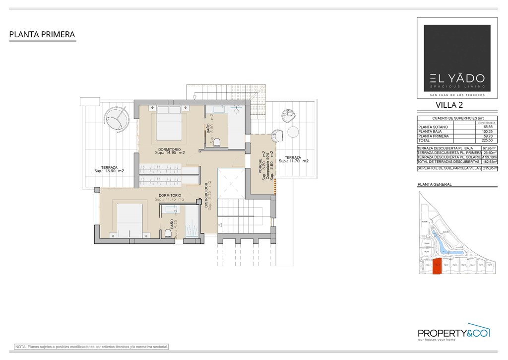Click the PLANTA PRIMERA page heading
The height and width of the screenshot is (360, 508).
[x=42, y=35]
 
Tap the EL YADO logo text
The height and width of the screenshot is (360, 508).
[x=454, y=78]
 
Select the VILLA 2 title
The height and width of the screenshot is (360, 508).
[x=449, y=104]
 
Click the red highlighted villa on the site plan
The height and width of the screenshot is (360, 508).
[x=437, y=267]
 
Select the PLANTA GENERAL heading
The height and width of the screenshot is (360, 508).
[x=435, y=184]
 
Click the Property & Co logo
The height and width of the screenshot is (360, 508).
[x=454, y=334]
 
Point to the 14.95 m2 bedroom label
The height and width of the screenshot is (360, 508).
[x=170, y=151]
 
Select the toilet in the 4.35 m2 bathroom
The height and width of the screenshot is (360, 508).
[x=168, y=233]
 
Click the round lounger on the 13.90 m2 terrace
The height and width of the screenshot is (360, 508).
[x=117, y=120]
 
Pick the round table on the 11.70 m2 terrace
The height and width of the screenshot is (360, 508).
[x=293, y=132]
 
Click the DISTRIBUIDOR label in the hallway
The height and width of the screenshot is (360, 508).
[x=207, y=196]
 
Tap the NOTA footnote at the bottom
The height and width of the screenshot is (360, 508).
[x=92, y=347]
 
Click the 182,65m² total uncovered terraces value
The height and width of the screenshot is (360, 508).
[x=490, y=162]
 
